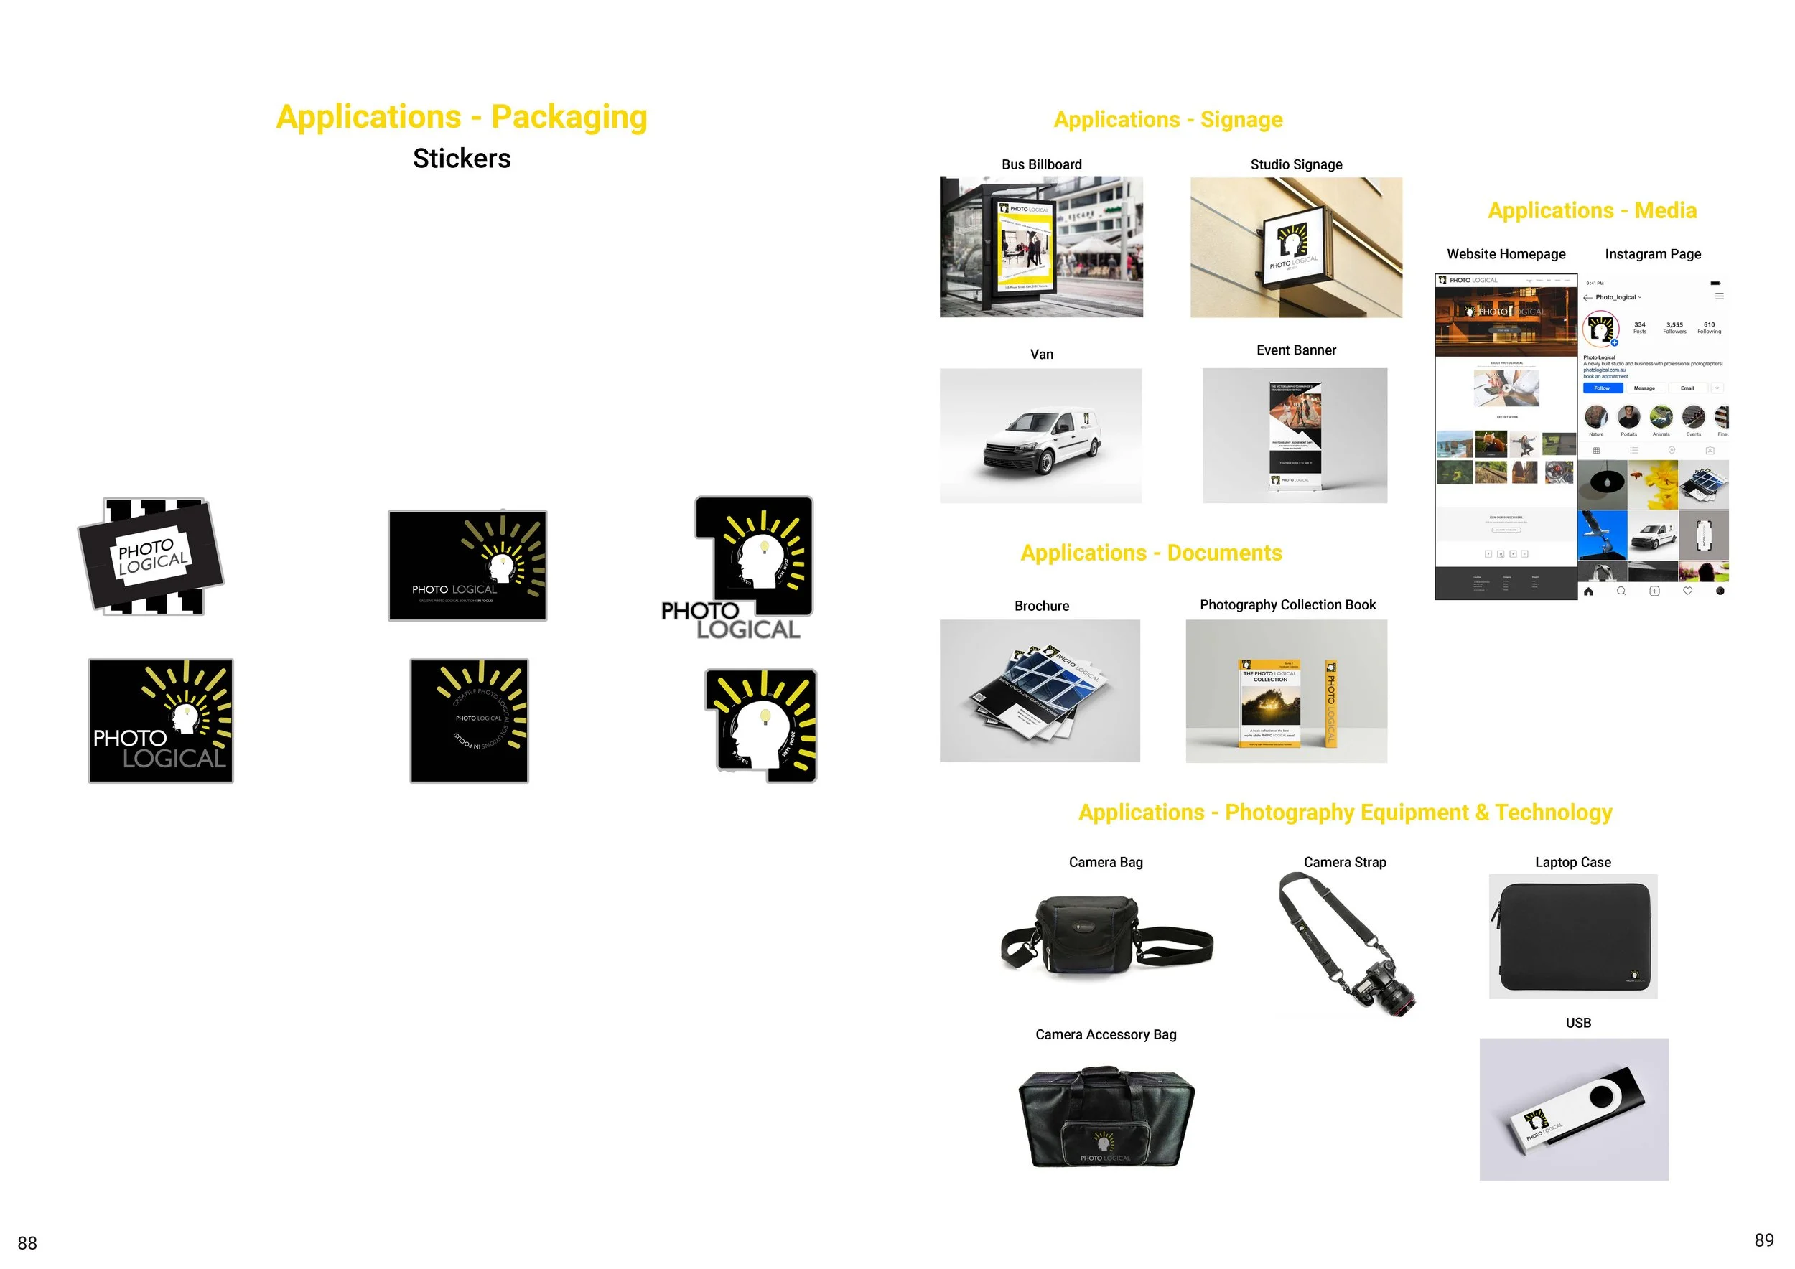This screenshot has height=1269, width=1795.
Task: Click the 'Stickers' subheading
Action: tap(461, 159)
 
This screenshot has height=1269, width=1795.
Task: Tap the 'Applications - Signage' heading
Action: tap(1168, 120)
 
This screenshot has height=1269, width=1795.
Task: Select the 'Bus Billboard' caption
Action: tap(1041, 165)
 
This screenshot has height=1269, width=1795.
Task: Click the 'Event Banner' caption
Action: tap(1295, 350)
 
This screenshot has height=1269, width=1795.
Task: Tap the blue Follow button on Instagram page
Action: tap(1602, 388)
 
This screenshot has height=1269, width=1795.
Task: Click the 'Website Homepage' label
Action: tap(1506, 254)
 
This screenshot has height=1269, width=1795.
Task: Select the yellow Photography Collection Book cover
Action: tap(1270, 703)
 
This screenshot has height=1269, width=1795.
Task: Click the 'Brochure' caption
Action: tap(1041, 606)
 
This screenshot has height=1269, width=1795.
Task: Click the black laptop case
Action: tap(1573, 935)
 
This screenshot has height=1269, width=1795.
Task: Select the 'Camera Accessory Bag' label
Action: tap(1106, 1034)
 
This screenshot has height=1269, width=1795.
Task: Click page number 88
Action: tap(27, 1243)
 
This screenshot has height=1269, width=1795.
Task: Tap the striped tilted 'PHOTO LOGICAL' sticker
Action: tap(151, 556)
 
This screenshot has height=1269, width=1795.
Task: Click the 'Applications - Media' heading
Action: tap(1592, 211)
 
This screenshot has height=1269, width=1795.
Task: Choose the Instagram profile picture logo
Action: tap(1600, 329)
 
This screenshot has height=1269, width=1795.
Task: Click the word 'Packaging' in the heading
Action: tap(569, 117)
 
